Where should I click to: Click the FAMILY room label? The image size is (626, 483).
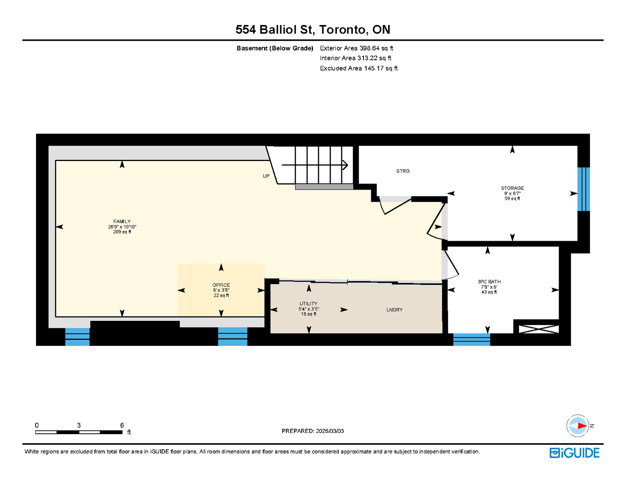coord(122,221)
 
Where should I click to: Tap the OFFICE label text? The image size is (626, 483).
coord(221,285)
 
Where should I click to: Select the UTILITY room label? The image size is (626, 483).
coord(308,304)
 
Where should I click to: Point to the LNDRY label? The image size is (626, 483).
coord(394,309)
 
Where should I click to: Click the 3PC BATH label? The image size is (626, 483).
coord(489,282)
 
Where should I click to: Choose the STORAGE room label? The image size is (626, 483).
coord(512,188)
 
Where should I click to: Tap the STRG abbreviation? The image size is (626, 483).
coord(403,171)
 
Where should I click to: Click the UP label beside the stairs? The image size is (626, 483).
coord(266,176)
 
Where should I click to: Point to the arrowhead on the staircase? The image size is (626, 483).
coord(345,165)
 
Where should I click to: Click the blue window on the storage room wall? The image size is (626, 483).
coord(583,189)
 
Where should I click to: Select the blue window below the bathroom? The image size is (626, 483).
coord(471,340)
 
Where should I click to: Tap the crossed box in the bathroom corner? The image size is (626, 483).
coord(538,329)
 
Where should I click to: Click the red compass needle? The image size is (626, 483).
coord(582,426)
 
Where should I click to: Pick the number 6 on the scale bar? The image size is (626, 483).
coord(122,425)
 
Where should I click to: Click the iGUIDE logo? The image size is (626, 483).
coord(574,453)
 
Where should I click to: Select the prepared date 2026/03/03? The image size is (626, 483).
coord(329,431)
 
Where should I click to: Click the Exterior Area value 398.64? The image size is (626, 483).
coord(369,48)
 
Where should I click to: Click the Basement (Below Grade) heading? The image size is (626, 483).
coord(275,48)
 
